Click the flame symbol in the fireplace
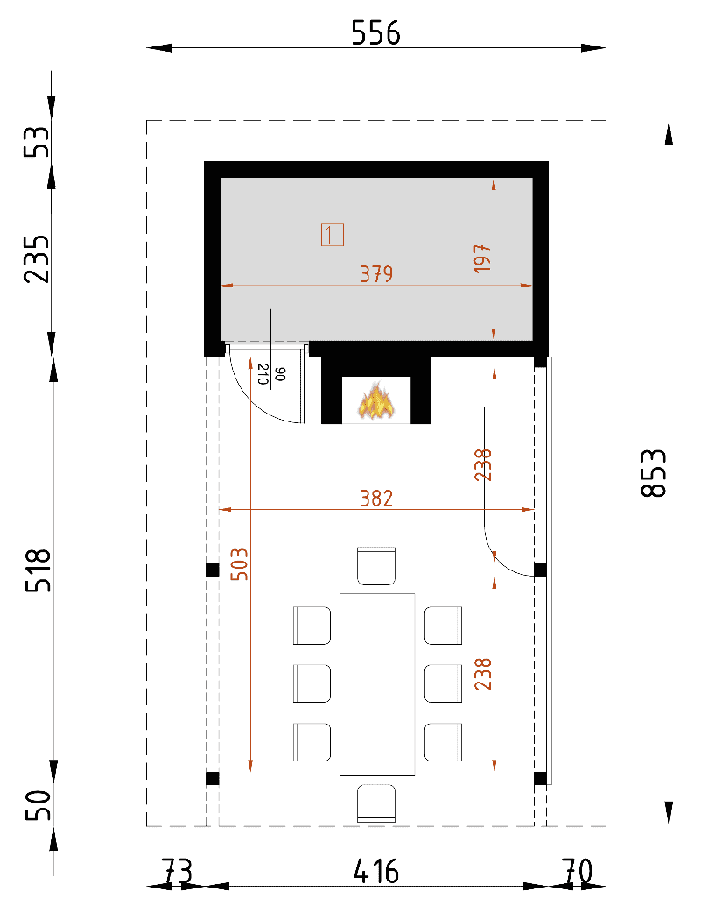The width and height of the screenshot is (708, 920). pyautogui.click(x=375, y=400)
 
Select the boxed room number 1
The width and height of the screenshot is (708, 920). pyautogui.click(x=333, y=235)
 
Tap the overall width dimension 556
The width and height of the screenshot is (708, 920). pyautogui.click(x=375, y=33)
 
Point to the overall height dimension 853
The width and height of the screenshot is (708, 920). pyautogui.click(x=654, y=473)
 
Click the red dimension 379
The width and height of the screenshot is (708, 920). pyautogui.click(x=376, y=274)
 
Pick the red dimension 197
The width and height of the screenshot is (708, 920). pyautogui.click(x=482, y=258)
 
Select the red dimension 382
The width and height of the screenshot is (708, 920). pyautogui.click(x=376, y=499)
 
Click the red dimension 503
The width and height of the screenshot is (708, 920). pyautogui.click(x=239, y=564)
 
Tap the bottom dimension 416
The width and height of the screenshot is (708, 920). pyautogui.click(x=376, y=872)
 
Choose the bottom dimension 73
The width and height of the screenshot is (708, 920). pyautogui.click(x=177, y=872)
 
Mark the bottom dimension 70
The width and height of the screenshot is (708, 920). pyautogui.click(x=577, y=872)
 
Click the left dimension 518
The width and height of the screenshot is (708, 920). pyautogui.click(x=39, y=570)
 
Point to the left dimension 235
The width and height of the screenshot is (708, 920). pyautogui.click(x=37, y=258)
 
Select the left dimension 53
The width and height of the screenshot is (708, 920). pyautogui.click(x=37, y=142)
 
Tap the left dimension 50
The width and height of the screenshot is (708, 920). pyautogui.click(x=39, y=805)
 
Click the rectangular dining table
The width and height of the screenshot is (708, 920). pyautogui.click(x=377, y=684)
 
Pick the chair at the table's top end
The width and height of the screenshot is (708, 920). pyautogui.click(x=376, y=566)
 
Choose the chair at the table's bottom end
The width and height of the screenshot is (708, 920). pyautogui.click(x=376, y=803)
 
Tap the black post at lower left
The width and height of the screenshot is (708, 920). pyautogui.click(x=212, y=779)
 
